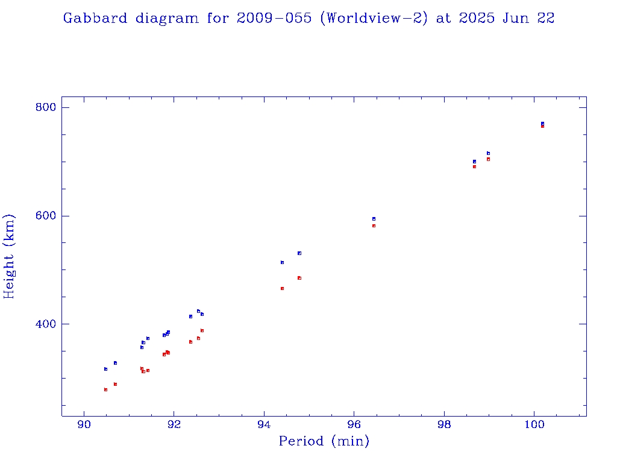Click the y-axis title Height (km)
coord(9,256)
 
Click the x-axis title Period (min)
coord(324,441)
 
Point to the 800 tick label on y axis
coord(45,107)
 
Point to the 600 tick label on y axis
coord(45,216)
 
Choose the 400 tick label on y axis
coord(45,324)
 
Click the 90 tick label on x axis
coord(84,426)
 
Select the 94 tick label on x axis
coord(264,426)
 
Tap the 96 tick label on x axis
coord(354,426)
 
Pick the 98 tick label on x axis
coord(444,426)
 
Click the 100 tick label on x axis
coord(534,426)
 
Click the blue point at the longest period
coord(542,123)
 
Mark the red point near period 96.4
coord(374,225)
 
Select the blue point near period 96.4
coord(374,219)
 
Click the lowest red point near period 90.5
coord(105,389)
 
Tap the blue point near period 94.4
coord(282,262)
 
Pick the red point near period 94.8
coord(299,278)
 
